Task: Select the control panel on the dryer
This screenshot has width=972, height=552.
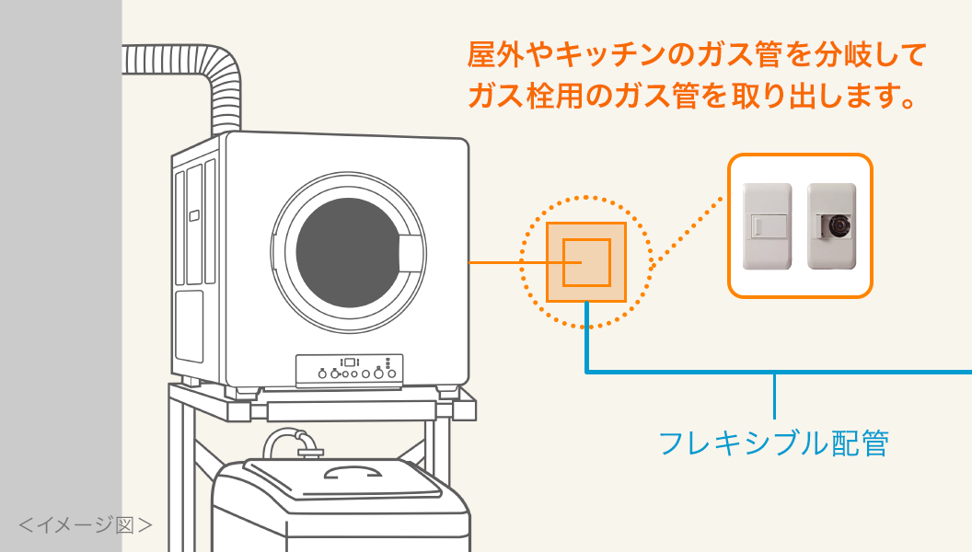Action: click(x=349, y=370)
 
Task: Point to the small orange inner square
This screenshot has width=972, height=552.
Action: click(x=585, y=261)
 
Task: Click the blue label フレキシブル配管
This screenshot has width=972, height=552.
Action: click(x=774, y=443)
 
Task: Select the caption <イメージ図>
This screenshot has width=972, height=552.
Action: click(x=86, y=525)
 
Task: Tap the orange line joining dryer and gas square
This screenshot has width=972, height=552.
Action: click(x=506, y=263)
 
